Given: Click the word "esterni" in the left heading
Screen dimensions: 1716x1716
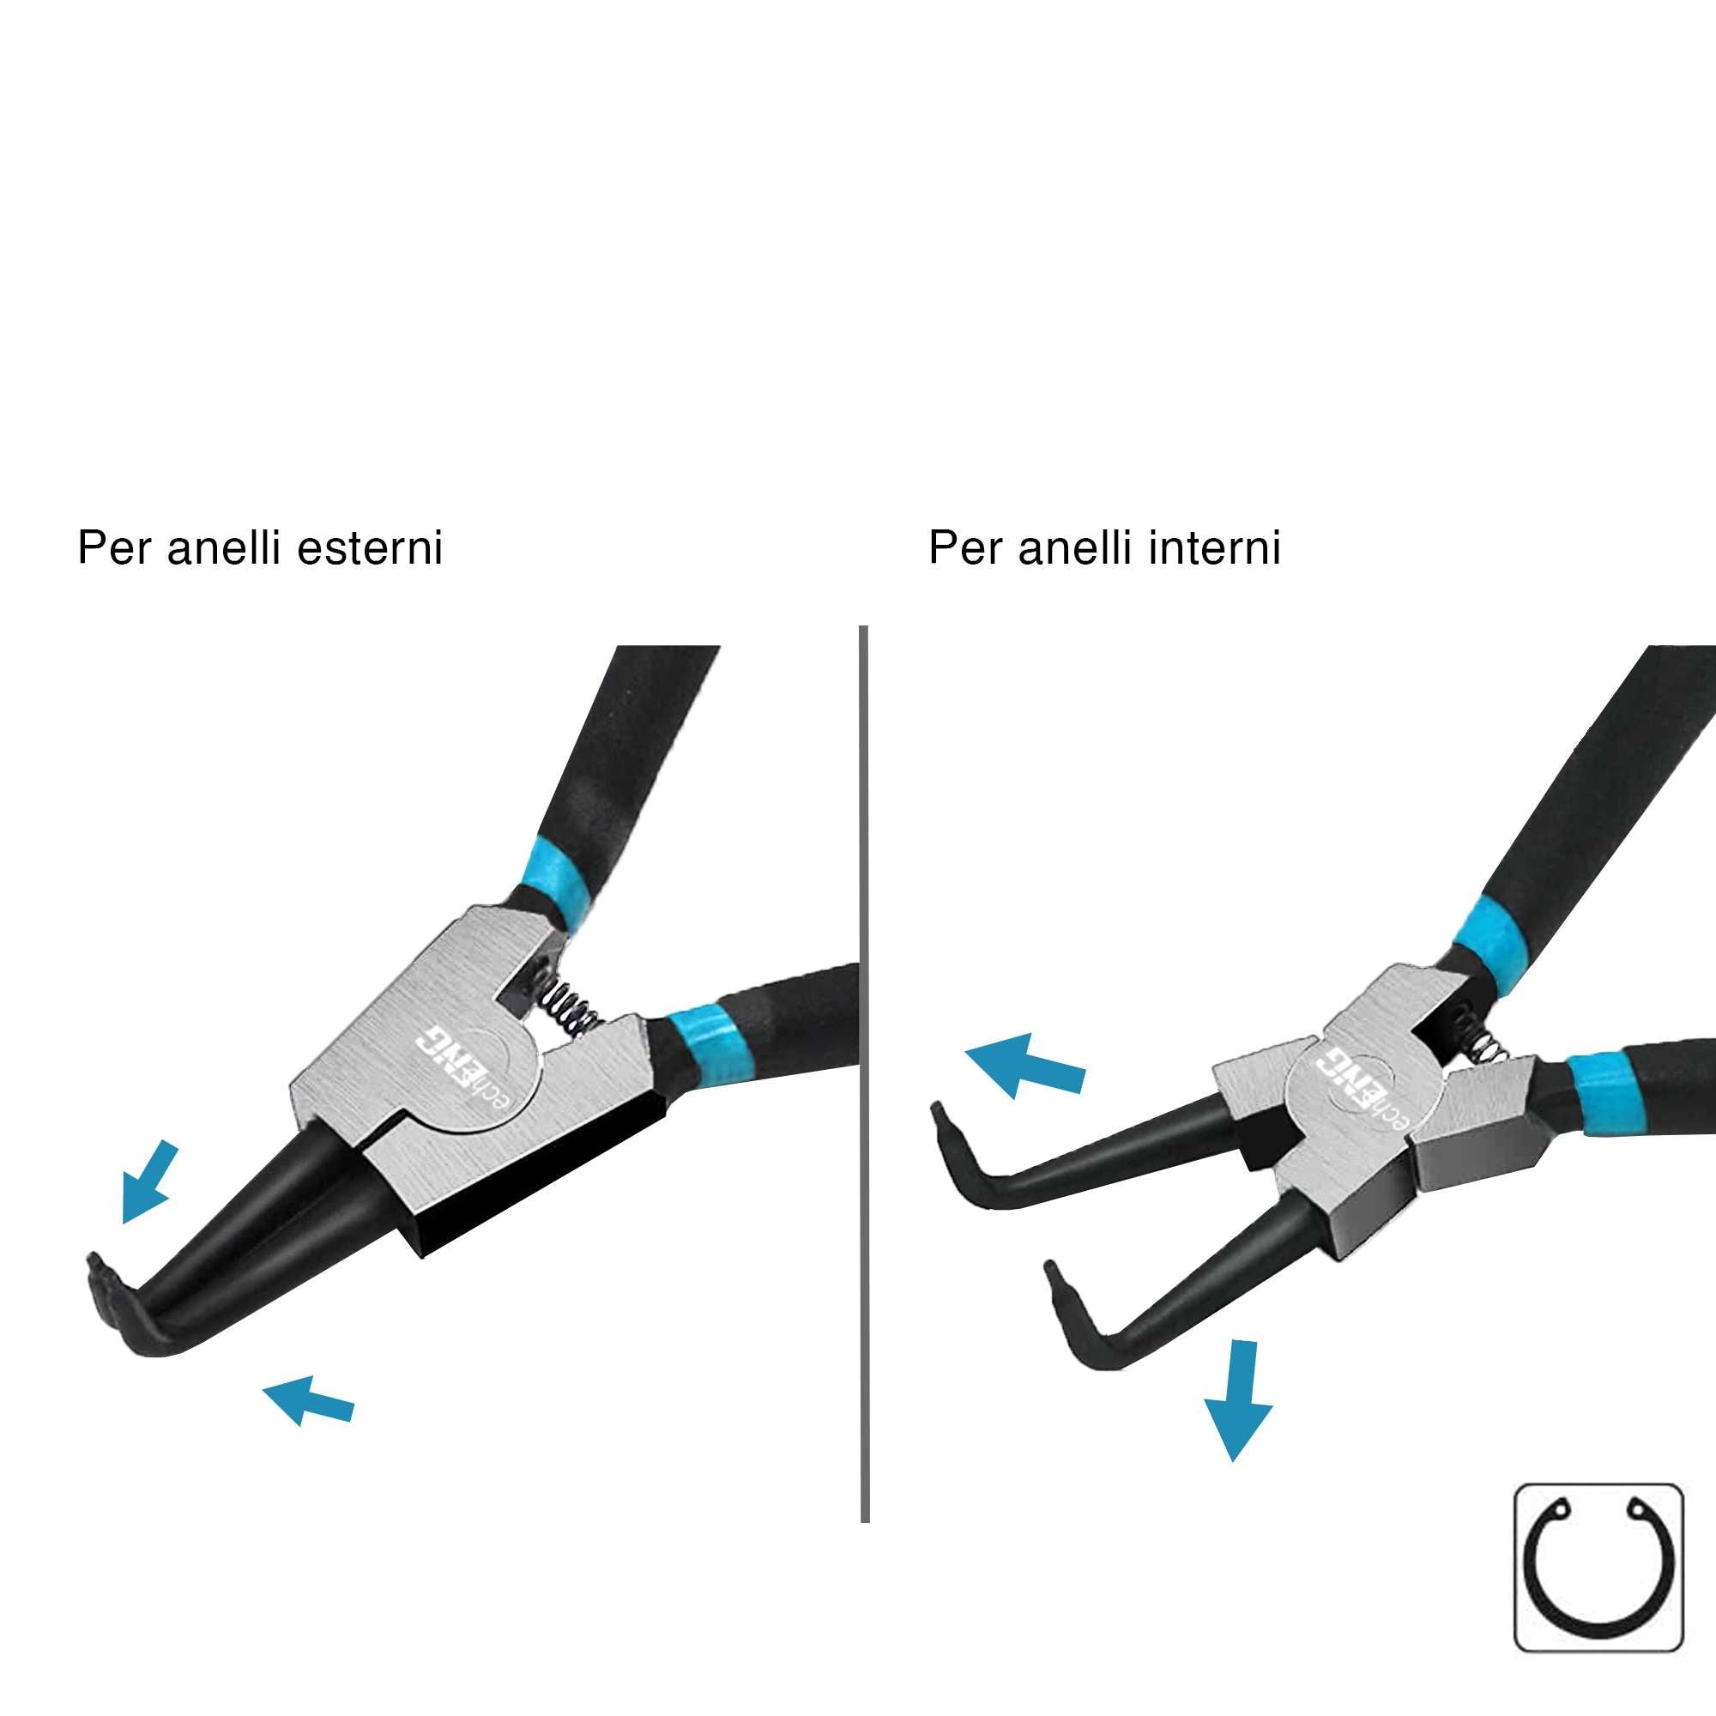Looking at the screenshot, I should [x=370, y=548].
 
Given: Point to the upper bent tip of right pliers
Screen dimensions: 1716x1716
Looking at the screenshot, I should [x=944, y=1152].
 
